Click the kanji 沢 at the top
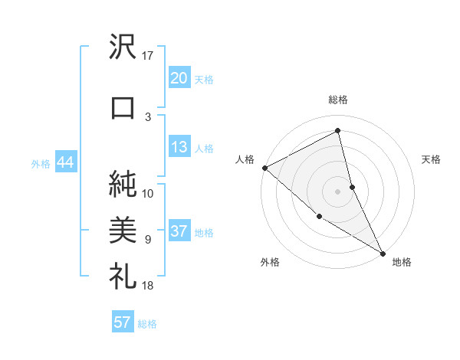pos(123,49)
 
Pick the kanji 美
pos(123,229)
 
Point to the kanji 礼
pos(123,275)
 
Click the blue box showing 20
pos(179,77)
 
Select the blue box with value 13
pos(179,148)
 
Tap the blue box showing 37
pos(179,232)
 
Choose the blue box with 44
pos(64,162)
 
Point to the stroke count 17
pos(148,56)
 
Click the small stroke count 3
pos(148,116)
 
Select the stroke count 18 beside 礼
pos(148,286)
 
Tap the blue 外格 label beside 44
pos(41,163)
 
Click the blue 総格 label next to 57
pos(147,324)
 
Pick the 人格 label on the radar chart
pos(245,159)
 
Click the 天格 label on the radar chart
pos(432,159)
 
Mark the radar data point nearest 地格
pos(383,252)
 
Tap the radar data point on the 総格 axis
pos(338,131)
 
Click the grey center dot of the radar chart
pos(338,191)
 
